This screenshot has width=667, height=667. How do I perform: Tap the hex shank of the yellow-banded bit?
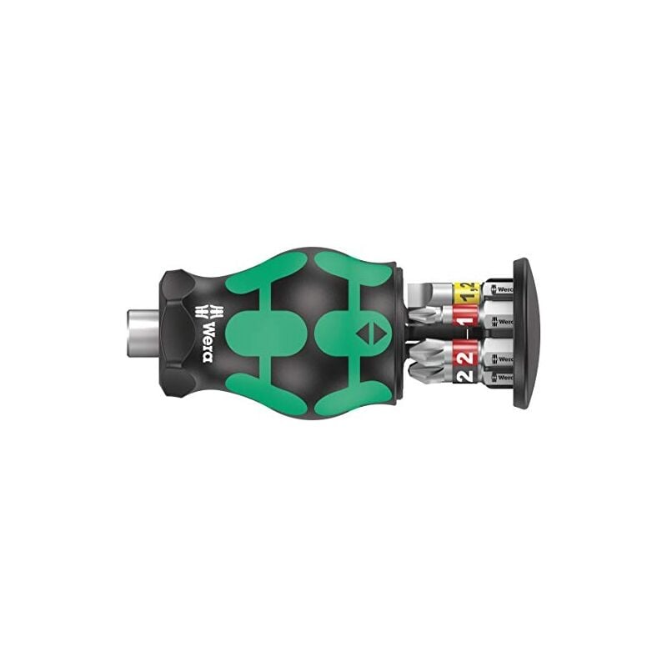499,291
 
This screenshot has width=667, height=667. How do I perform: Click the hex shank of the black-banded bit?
499,378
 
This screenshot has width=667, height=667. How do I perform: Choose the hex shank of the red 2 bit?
499,356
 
